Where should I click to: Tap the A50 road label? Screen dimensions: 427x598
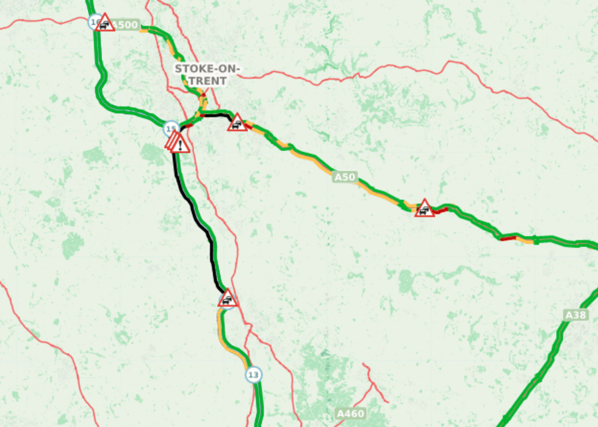click(x=344, y=177)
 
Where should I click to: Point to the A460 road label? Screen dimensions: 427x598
click(x=351, y=414)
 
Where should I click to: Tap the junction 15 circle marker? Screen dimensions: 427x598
click(x=171, y=129)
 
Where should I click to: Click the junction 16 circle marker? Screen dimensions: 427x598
click(x=95, y=23)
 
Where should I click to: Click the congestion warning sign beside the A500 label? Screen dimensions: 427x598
click(x=106, y=23)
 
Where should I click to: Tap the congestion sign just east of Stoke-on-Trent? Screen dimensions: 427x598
click(x=237, y=123)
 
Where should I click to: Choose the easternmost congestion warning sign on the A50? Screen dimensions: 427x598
click(x=424, y=209)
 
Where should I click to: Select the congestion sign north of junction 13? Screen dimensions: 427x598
click(x=228, y=299)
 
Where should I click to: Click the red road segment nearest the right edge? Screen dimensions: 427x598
click(x=508, y=238)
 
